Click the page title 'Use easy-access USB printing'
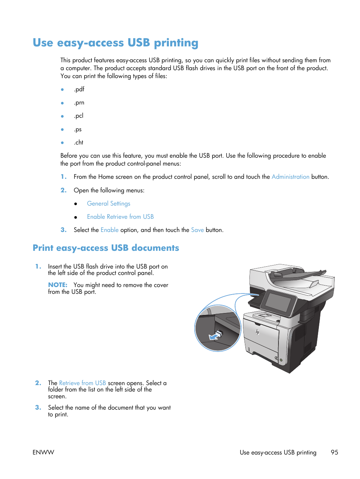(x=115, y=43)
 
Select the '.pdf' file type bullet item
(x=79, y=89)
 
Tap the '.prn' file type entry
(x=79, y=103)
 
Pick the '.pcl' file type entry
(x=78, y=116)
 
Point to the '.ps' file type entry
(x=78, y=129)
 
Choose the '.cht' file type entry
(x=78, y=143)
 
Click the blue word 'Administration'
(x=290, y=177)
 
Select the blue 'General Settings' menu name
(x=108, y=204)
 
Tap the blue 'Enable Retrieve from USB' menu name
(x=120, y=217)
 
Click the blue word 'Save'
(x=197, y=230)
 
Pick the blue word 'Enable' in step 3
(x=109, y=230)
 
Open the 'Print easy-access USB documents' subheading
(x=106, y=248)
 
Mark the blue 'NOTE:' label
(x=58, y=285)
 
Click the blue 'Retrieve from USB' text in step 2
(x=82, y=383)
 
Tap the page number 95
(x=334, y=453)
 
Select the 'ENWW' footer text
(x=43, y=453)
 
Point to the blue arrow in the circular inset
(x=215, y=336)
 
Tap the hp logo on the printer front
(x=257, y=332)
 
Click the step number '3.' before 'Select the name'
(x=38, y=408)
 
